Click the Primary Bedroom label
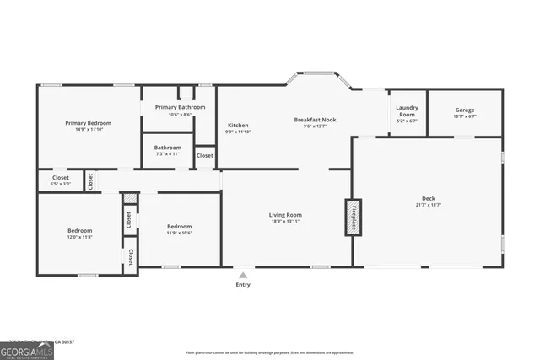[x=89, y=123]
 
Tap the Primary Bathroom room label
[x=179, y=107]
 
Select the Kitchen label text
[x=237, y=126]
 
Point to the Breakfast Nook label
[x=315, y=120]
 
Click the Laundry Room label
[x=408, y=110]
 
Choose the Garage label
[x=465, y=110]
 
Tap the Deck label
[x=429, y=198]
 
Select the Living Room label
[x=285, y=215]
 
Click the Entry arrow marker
[x=243, y=274]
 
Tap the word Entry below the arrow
[x=243, y=285]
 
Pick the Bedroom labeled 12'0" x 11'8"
[x=80, y=230]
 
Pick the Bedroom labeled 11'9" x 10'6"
[x=179, y=226]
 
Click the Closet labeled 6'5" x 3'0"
[x=61, y=178]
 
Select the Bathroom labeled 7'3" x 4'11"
[x=167, y=148]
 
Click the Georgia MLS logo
[x=27, y=347]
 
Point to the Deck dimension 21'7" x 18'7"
[x=429, y=205]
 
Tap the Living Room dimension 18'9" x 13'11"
[x=285, y=222]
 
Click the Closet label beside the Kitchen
[x=205, y=156]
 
